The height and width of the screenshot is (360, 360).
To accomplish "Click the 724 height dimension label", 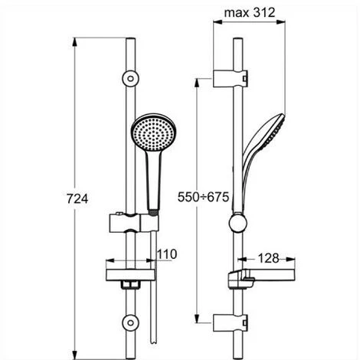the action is pyautogui.click(x=77, y=199).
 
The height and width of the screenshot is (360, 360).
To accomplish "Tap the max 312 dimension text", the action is pyautogui.click(x=250, y=12).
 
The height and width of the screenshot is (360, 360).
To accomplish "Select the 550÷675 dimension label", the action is pyautogui.click(x=203, y=197).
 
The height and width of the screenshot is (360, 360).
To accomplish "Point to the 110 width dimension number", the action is pyautogui.click(x=167, y=254).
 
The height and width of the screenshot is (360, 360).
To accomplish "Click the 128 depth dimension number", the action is pyautogui.click(x=268, y=258).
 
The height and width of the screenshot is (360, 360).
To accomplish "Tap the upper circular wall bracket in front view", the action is pyautogui.click(x=130, y=78).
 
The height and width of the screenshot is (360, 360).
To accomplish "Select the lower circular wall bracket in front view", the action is pyautogui.click(x=130, y=323).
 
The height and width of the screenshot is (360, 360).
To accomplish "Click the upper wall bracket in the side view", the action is pyautogui.click(x=231, y=78).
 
